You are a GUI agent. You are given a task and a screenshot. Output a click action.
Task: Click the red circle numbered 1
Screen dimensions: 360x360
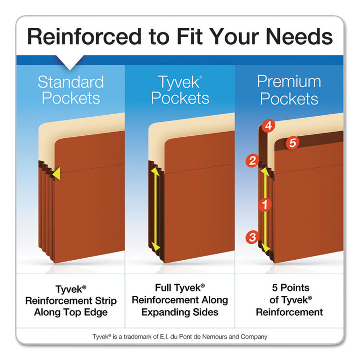(265, 205)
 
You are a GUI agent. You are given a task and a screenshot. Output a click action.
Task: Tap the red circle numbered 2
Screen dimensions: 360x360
(252, 161)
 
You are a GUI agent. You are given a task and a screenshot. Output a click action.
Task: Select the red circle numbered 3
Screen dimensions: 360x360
(252, 237)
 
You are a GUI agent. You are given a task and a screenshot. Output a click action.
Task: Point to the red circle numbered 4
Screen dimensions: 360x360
(268, 125)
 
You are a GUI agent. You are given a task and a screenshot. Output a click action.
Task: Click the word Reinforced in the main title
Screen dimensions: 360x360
(80, 37)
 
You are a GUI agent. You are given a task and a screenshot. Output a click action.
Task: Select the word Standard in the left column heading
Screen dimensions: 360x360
(70, 82)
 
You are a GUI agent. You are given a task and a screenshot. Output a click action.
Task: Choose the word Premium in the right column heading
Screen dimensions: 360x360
(289, 81)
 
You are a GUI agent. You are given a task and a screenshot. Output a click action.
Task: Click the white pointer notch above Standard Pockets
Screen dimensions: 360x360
(70, 65)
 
